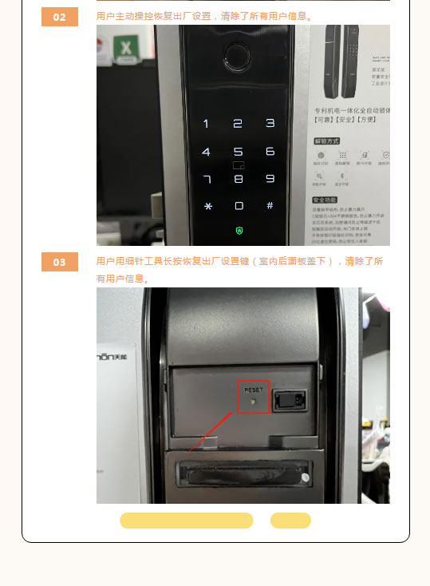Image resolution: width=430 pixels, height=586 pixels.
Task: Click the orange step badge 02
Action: pos(60,17)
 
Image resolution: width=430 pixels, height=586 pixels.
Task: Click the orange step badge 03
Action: pos(60,262)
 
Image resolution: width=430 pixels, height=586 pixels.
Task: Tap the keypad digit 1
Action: pos(206,124)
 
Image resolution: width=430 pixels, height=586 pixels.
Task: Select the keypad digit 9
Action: pos(270,179)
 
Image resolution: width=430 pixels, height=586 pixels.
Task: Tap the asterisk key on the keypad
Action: pos(207,206)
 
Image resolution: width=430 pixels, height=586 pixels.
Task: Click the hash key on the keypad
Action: pos(270,205)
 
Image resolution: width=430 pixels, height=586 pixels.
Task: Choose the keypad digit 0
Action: pos(238,206)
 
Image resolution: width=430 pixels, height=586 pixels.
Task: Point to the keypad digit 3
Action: pos(270,123)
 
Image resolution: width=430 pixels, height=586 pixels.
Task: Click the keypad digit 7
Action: pos(207,179)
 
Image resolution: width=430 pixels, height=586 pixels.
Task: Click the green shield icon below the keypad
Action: pos(238,231)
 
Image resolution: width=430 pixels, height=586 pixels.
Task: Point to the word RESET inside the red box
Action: pos(254,389)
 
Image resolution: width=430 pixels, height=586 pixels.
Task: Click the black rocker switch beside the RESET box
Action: pos(290,398)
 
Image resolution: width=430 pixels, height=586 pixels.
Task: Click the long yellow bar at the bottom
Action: pos(186,521)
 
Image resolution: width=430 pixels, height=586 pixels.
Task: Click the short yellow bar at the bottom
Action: pos(290,521)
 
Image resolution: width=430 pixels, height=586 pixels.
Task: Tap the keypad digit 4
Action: pos(206,152)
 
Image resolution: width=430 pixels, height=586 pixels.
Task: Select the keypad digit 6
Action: pos(270,152)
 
